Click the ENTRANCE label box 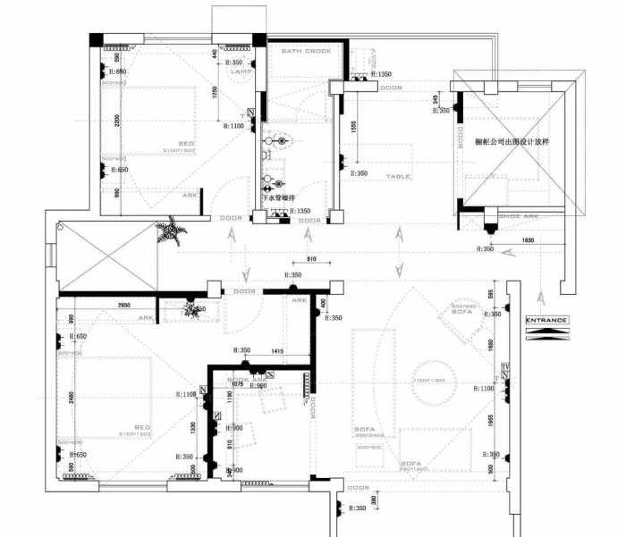[x=545, y=320]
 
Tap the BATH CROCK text [x=307, y=52]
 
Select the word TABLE [x=398, y=176]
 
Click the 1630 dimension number [x=527, y=241]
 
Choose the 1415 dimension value [x=277, y=352]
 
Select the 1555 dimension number [x=354, y=128]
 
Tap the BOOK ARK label [x=243, y=380]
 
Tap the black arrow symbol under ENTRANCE [x=545, y=332]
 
